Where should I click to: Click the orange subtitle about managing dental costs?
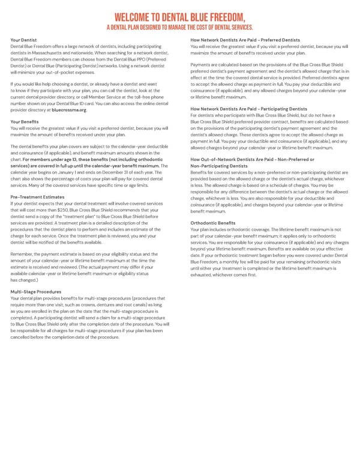(x=180, y=27)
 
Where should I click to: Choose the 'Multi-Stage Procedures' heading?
(x=36, y=291)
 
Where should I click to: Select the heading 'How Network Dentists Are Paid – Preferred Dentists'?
(x=245, y=40)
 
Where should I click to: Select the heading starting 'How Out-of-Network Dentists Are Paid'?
(x=251, y=159)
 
